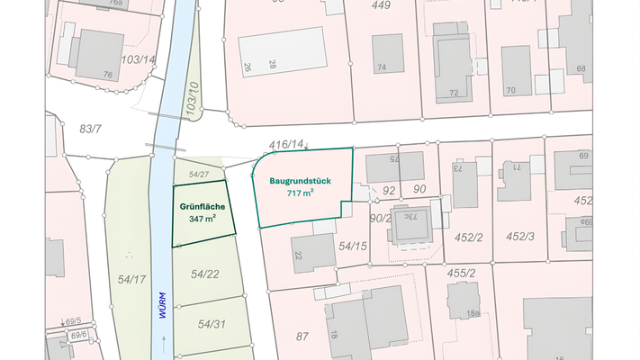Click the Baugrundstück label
(301, 180)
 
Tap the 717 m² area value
(301, 193)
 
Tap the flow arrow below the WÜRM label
(163, 342)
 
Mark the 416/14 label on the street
(286, 144)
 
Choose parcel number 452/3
(520, 236)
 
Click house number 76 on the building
(108, 75)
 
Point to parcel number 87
(302, 337)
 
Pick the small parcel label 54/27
(199, 174)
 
